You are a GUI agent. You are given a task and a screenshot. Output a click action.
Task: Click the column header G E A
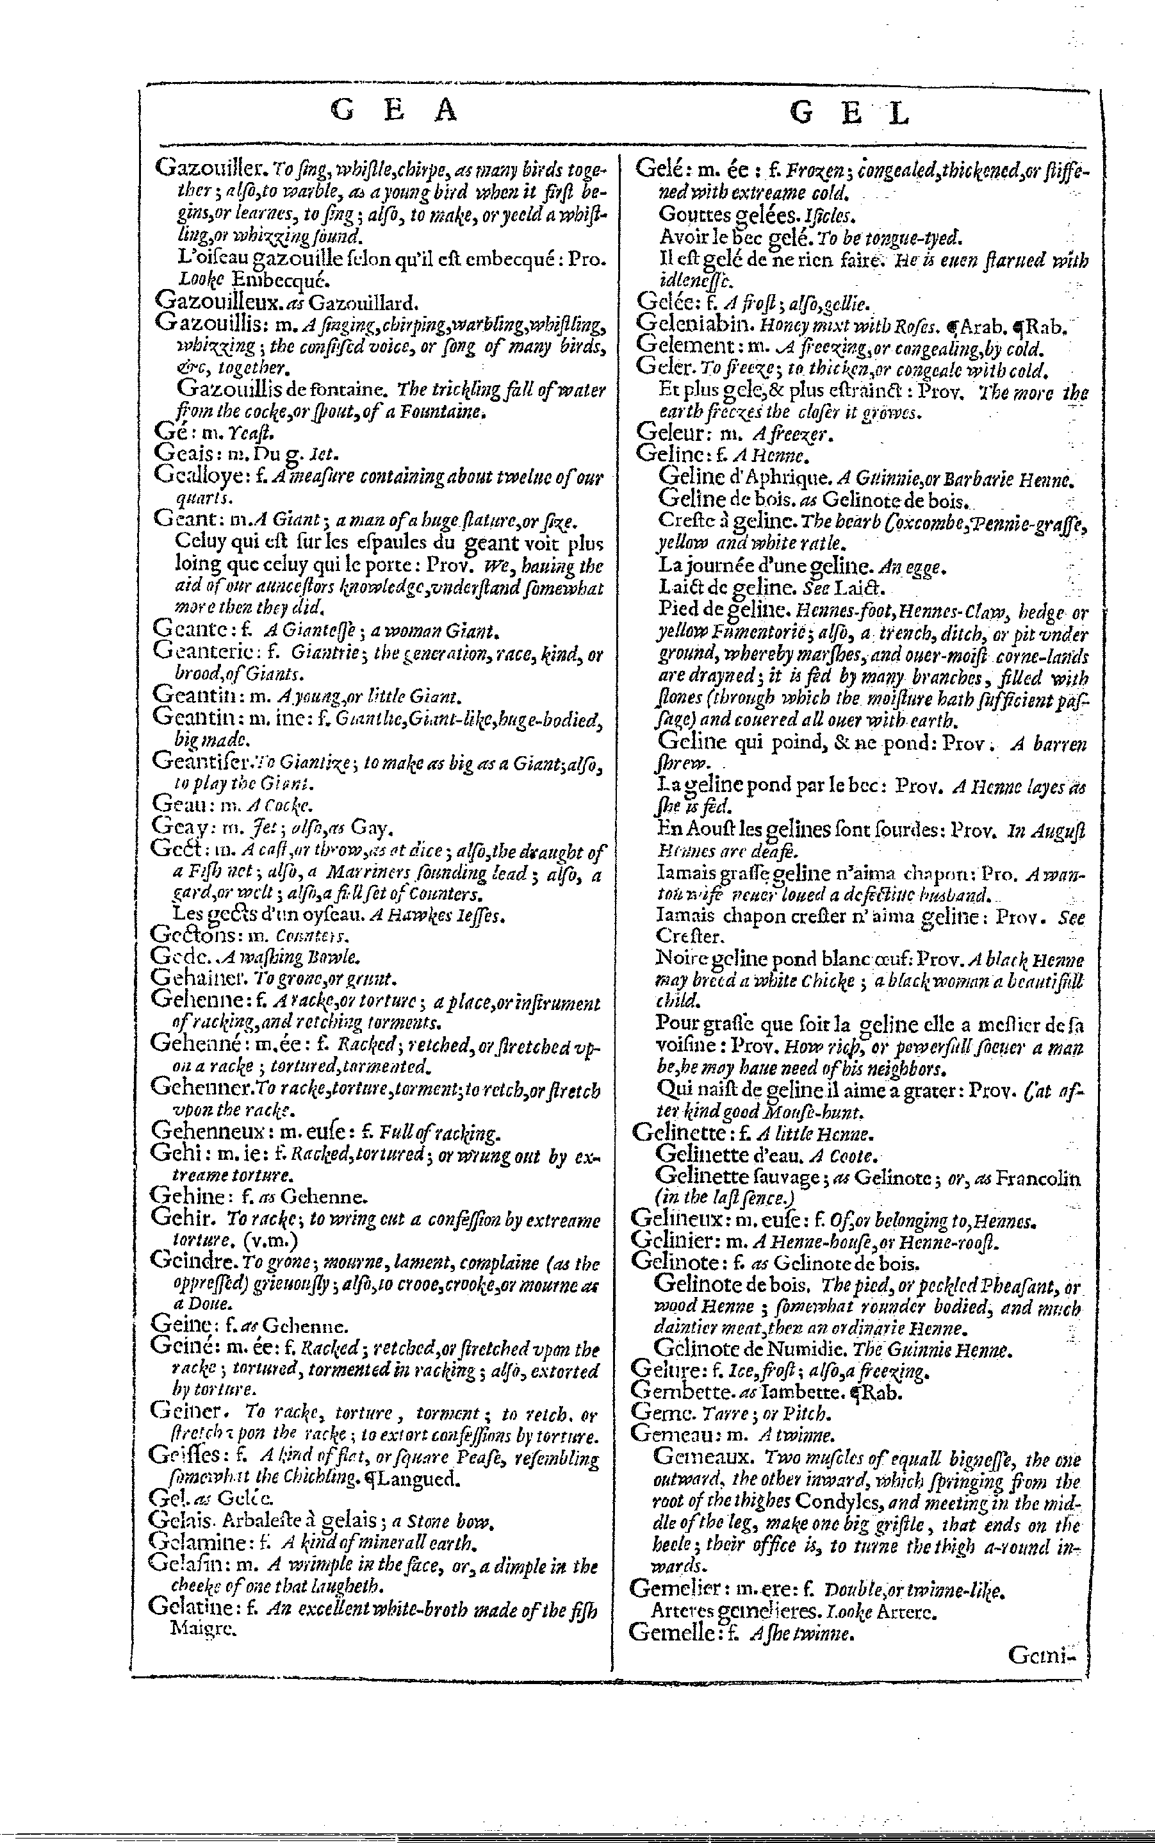click(394, 112)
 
